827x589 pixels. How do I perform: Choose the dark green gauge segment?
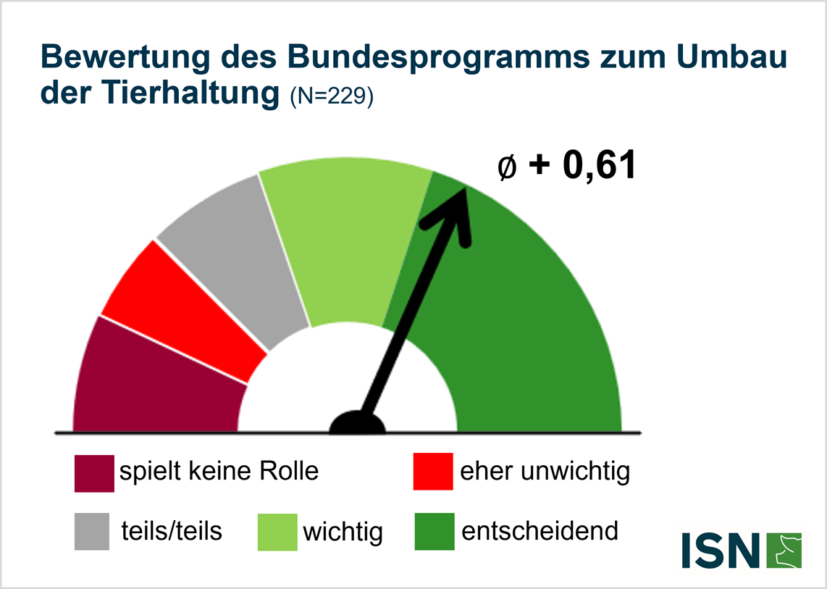(x=521, y=326)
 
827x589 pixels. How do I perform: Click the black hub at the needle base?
(x=357, y=423)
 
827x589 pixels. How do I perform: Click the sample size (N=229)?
(x=330, y=96)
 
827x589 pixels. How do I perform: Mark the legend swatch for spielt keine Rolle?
(x=94, y=472)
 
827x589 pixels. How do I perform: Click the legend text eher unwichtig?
(x=545, y=472)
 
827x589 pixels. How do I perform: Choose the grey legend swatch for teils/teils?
(x=92, y=532)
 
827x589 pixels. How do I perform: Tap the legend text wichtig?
(x=343, y=532)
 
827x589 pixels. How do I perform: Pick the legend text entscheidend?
(x=540, y=531)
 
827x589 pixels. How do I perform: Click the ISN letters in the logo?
(x=720, y=551)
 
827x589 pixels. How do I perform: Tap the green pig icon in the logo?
(x=784, y=551)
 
